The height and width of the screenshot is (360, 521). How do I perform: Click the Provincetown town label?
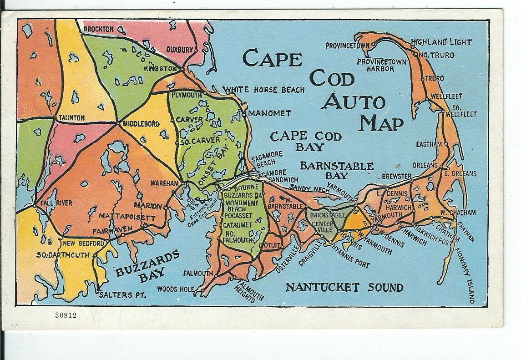click(x=347, y=46)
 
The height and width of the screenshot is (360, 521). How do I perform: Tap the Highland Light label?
click(x=441, y=42)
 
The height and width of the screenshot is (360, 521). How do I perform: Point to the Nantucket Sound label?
click(x=344, y=288)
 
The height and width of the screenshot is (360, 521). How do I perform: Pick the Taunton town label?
click(x=71, y=117)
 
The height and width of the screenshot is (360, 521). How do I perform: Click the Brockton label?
click(x=98, y=29)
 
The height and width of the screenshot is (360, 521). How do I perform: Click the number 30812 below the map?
click(x=66, y=315)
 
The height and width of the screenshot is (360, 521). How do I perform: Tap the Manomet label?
click(x=270, y=112)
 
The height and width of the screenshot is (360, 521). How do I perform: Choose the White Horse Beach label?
click(x=263, y=90)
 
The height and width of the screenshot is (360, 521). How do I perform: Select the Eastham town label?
click(x=429, y=144)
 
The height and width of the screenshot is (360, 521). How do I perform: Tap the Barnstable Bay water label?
click(x=336, y=171)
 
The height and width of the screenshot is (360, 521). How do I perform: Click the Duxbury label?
click(x=180, y=49)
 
